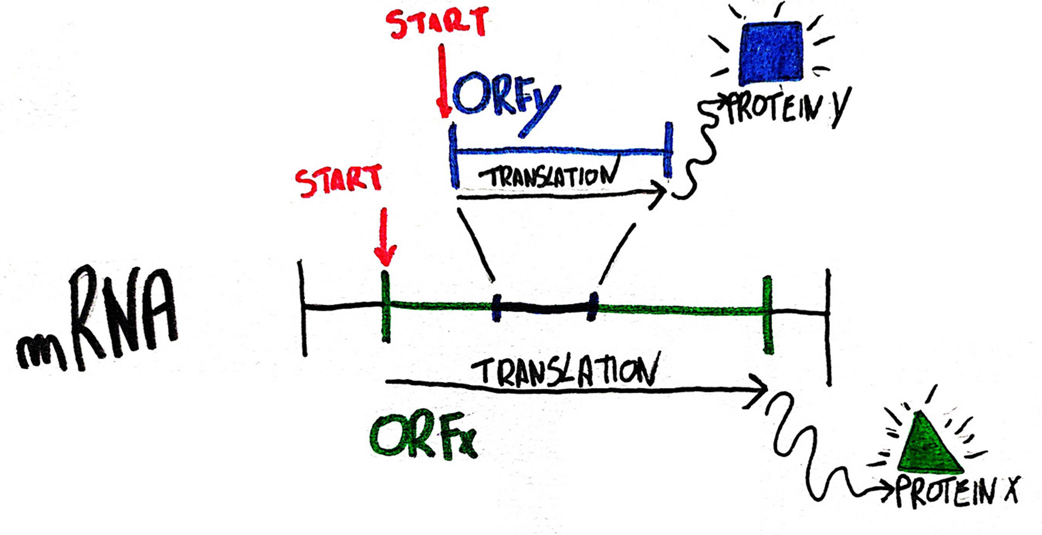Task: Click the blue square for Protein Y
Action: [770, 53]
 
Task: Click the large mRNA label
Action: [97, 319]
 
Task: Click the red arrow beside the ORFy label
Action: [444, 81]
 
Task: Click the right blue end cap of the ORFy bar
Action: [668, 150]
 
